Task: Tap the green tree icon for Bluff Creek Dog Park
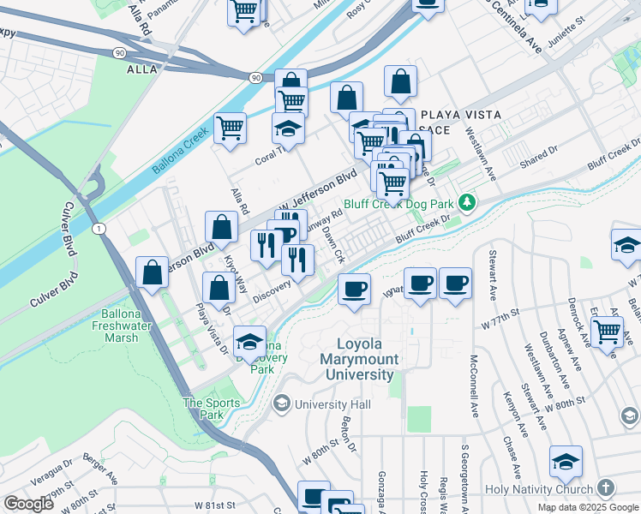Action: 467,203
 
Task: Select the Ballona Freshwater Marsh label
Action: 117,326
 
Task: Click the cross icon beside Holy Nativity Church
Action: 605,488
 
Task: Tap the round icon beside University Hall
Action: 281,403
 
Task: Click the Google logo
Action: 28,504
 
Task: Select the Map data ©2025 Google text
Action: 588,507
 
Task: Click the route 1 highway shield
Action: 100,228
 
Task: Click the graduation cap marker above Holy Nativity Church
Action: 566,462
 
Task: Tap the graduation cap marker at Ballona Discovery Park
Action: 249,343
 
